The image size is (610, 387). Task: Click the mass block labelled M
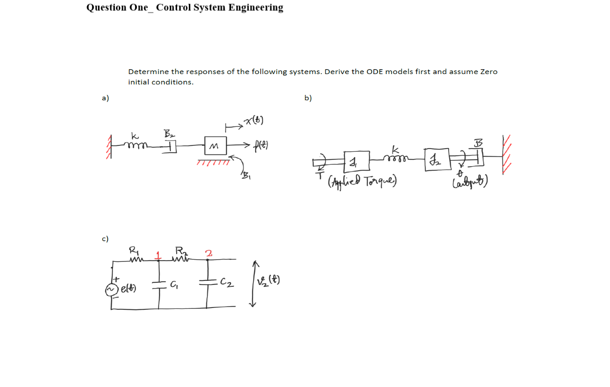click(x=216, y=145)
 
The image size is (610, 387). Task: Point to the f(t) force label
click(x=261, y=145)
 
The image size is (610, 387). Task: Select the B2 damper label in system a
click(x=169, y=133)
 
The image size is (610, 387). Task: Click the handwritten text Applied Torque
click(x=361, y=182)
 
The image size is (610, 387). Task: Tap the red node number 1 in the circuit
click(x=158, y=254)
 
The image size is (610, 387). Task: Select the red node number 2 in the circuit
click(x=208, y=253)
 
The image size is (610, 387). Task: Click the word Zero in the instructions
click(x=488, y=71)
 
